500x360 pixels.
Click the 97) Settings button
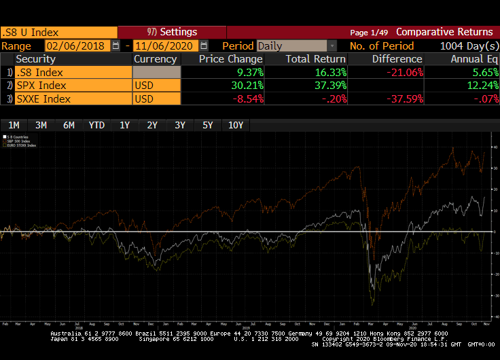(x=172, y=32)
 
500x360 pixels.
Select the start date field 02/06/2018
(x=76, y=46)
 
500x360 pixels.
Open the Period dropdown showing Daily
(x=296, y=46)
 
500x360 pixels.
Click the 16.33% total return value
(x=329, y=73)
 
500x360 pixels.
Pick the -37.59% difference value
(x=406, y=99)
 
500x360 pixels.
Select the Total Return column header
(x=315, y=59)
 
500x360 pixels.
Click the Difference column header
(x=397, y=59)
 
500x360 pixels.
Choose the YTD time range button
(x=96, y=125)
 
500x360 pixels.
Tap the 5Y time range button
(x=207, y=125)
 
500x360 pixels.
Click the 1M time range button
(x=14, y=125)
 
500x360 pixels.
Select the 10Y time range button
(x=236, y=125)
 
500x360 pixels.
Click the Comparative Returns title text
(x=444, y=32)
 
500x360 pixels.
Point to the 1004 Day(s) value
(x=465, y=46)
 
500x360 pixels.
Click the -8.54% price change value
(x=246, y=99)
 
